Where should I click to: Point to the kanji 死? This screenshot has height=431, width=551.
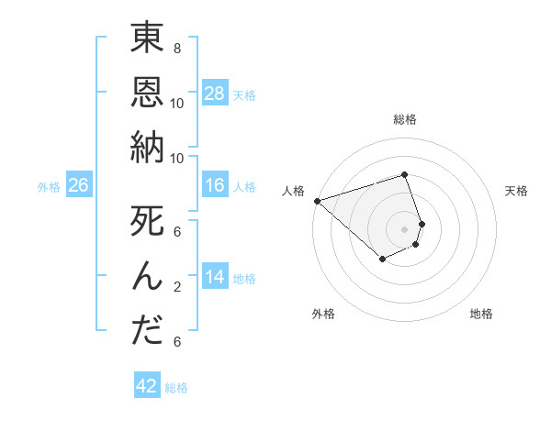point(147,223)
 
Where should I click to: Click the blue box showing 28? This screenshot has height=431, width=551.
point(215,93)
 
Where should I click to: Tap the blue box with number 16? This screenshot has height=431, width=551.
point(215,185)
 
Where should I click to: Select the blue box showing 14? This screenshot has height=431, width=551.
point(215,276)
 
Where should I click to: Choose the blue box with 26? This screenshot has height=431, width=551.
point(79,185)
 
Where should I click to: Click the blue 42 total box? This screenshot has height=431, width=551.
point(147,386)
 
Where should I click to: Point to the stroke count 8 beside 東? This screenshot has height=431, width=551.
point(177,48)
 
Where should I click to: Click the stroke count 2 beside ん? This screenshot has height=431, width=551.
point(177,286)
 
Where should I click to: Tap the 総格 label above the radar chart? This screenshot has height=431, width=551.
point(405,119)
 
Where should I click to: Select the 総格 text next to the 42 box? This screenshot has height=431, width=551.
point(176,388)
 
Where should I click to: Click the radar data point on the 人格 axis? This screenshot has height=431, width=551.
point(316,201)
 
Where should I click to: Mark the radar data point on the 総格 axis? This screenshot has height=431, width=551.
point(405,174)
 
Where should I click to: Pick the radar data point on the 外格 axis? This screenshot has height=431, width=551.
point(382,260)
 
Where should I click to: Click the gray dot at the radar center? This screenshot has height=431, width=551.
point(405,228)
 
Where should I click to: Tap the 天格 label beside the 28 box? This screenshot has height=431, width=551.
point(244,94)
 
